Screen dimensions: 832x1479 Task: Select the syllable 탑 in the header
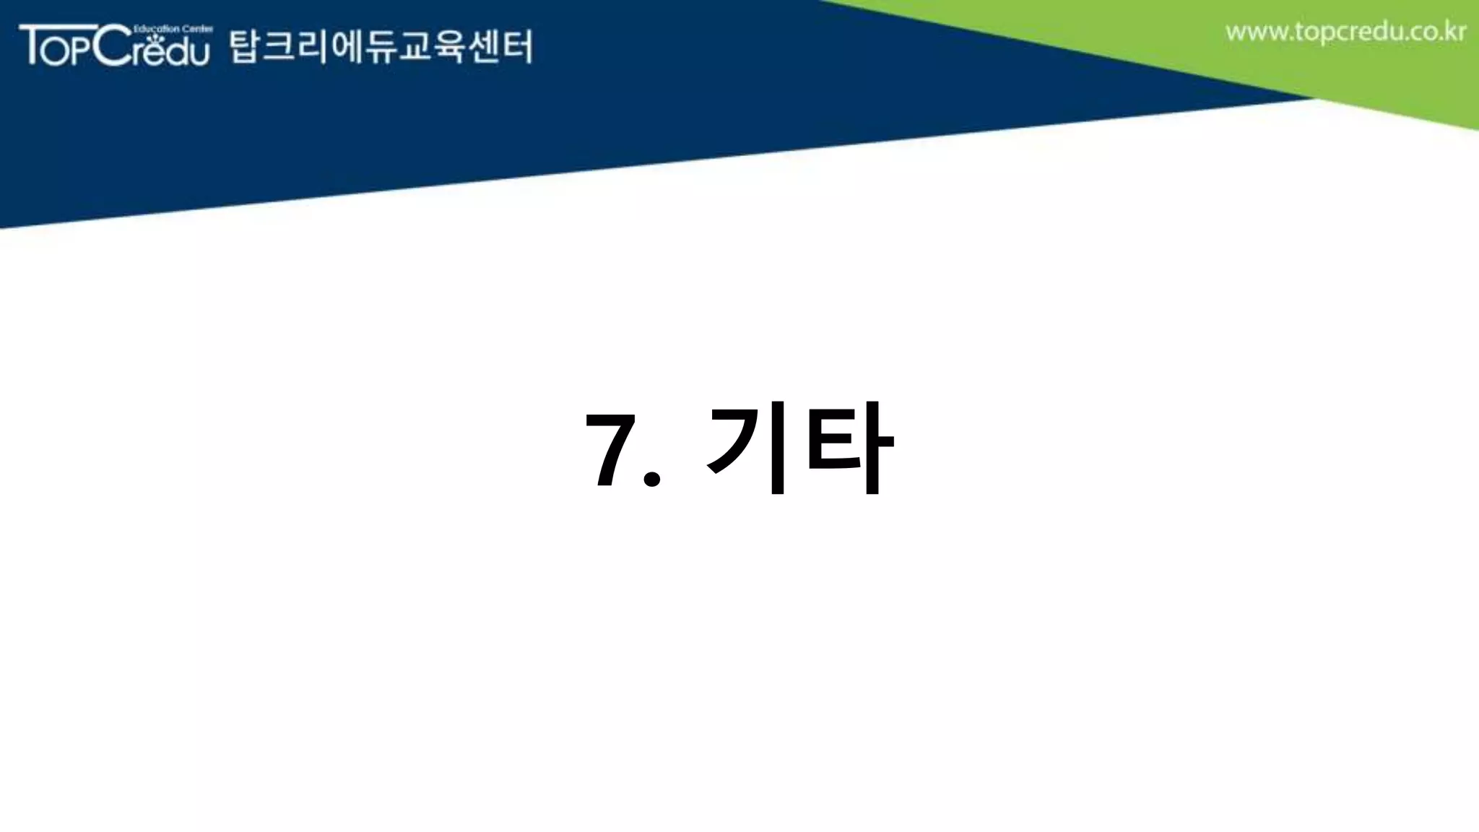(244, 47)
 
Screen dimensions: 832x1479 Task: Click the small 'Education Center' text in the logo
(173, 29)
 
